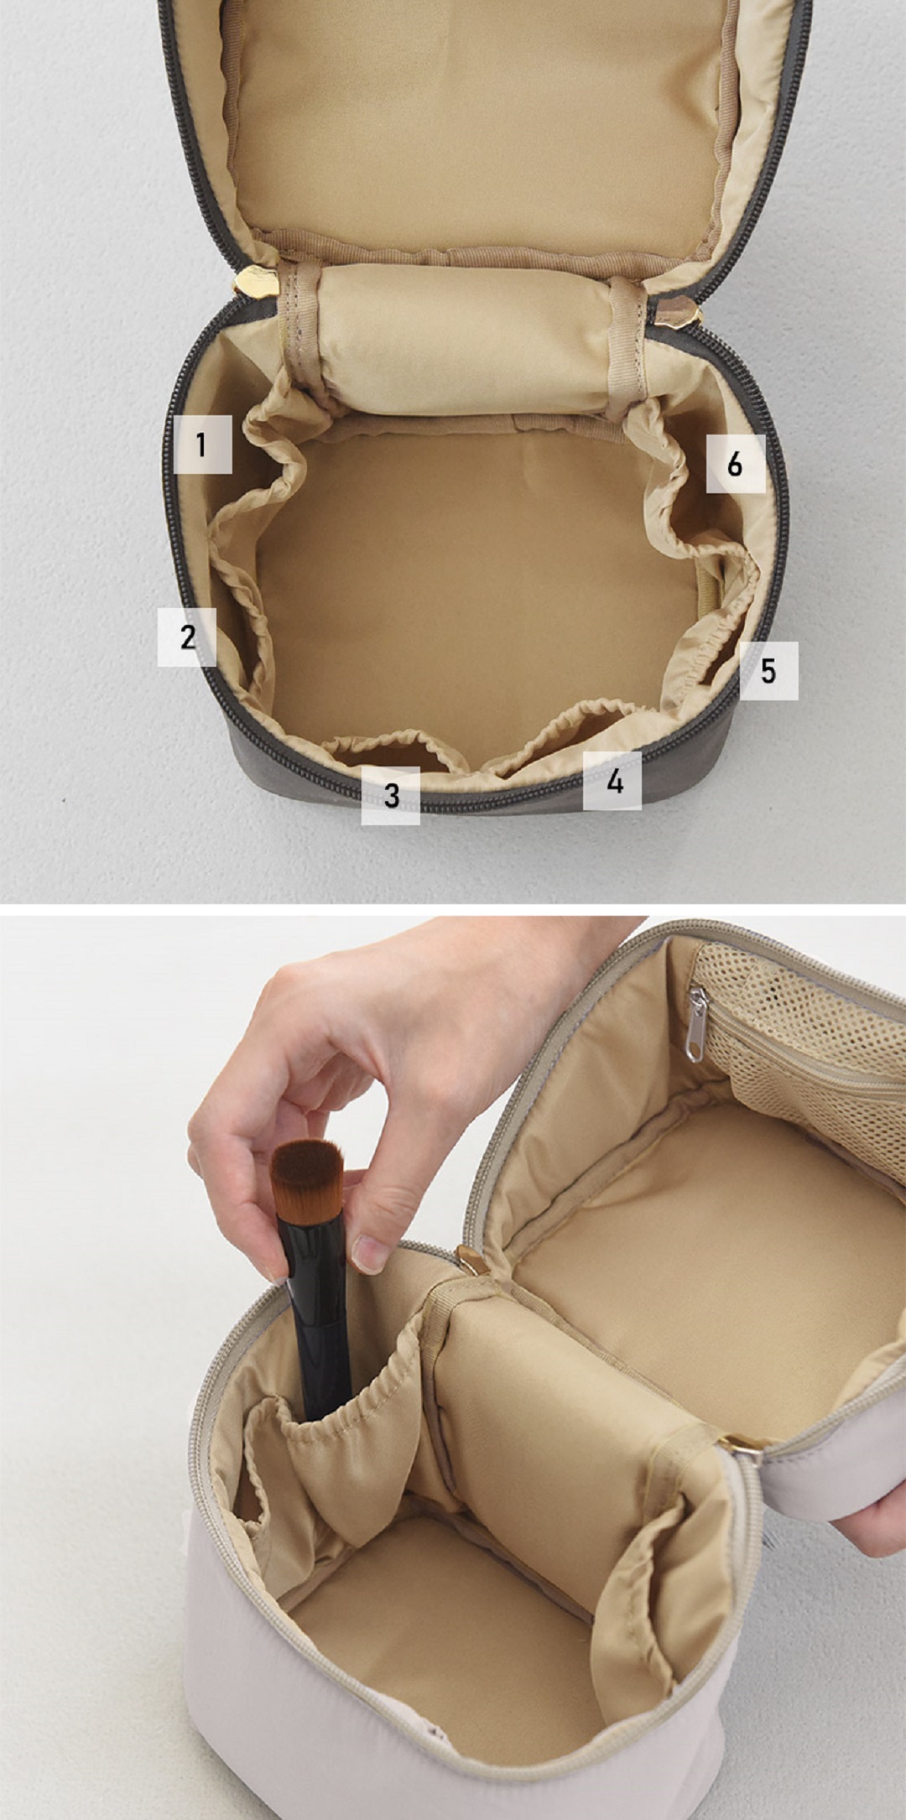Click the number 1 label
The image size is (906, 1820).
pos(201,445)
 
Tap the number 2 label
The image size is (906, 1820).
pos(187,637)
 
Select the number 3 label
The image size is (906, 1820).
pos(390,795)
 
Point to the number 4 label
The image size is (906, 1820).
pos(613,781)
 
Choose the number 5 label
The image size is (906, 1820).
pos(768,671)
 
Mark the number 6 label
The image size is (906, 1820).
pos(735,463)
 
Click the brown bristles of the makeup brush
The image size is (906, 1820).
pos(309,1172)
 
